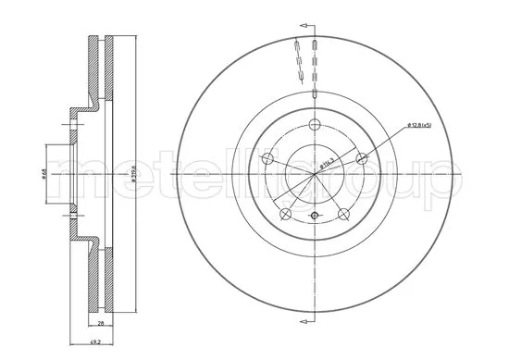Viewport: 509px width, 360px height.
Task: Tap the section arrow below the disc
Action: (306, 321)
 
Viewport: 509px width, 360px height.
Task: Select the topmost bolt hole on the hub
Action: (315, 126)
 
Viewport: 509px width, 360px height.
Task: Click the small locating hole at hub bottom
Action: (315, 217)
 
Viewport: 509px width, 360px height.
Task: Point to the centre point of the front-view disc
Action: (315, 173)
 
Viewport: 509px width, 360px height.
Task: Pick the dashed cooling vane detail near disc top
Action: (298, 60)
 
